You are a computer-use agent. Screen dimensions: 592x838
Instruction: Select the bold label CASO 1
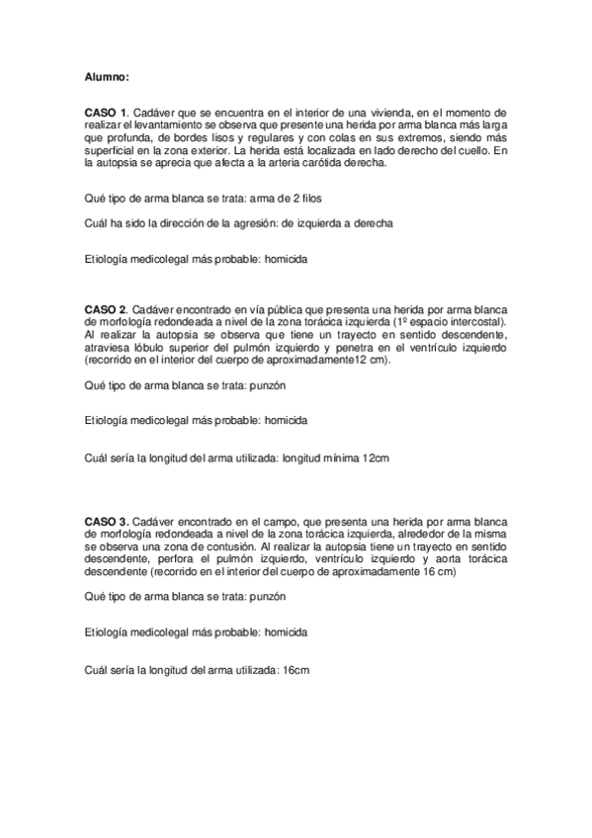[x=106, y=115]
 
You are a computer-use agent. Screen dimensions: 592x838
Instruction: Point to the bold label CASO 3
[x=106, y=521]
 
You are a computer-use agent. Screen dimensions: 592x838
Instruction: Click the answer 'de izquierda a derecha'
[x=337, y=223]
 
